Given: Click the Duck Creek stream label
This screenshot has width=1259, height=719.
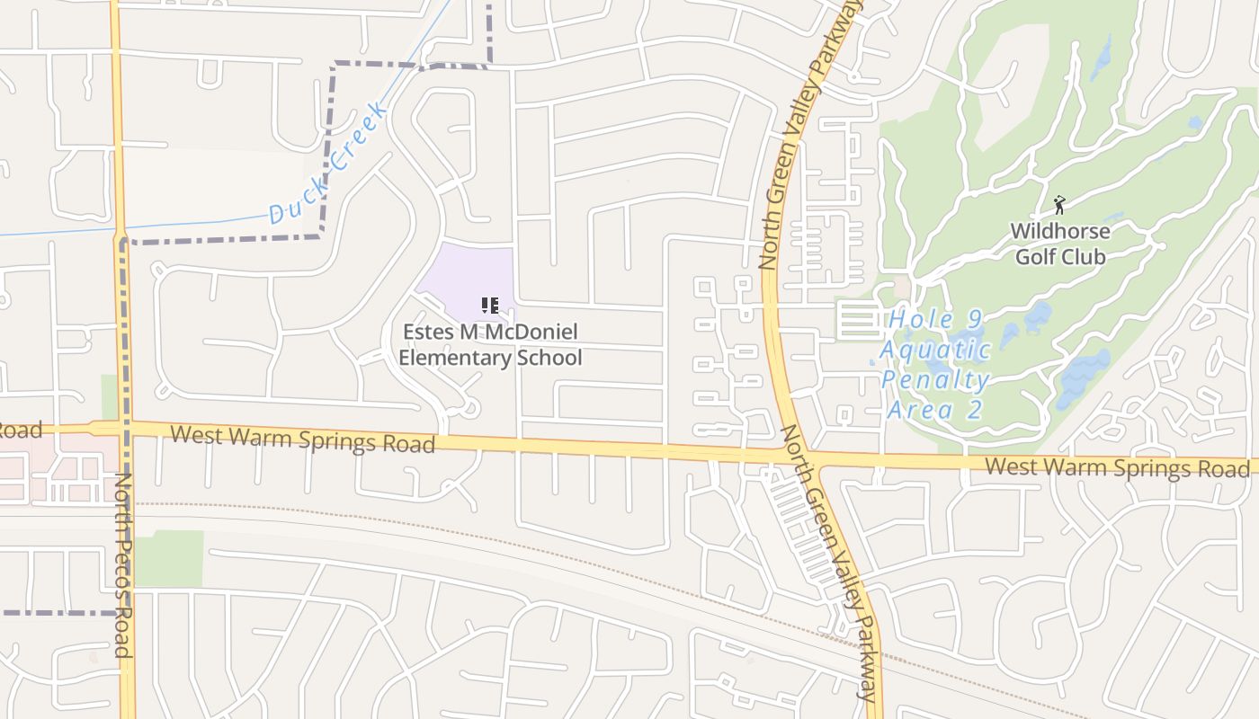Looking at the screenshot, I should tap(328, 163).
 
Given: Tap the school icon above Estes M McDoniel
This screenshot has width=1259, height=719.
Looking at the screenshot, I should tap(490, 306).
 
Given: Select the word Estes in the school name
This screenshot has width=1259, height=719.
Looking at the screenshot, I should tap(427, 332).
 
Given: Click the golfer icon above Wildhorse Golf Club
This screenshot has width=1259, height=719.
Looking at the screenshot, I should tap(1059, 205).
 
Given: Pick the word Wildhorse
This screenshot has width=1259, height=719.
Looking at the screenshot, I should tap(1060, 231).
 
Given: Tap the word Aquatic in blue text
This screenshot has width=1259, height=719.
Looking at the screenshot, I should tap(935, 350).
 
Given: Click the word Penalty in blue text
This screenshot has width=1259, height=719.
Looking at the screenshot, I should tap(935, 380).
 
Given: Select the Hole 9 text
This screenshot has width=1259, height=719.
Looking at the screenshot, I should tap(935, 319).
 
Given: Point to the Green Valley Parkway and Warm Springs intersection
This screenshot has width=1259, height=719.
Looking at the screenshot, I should tap(795, 455).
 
